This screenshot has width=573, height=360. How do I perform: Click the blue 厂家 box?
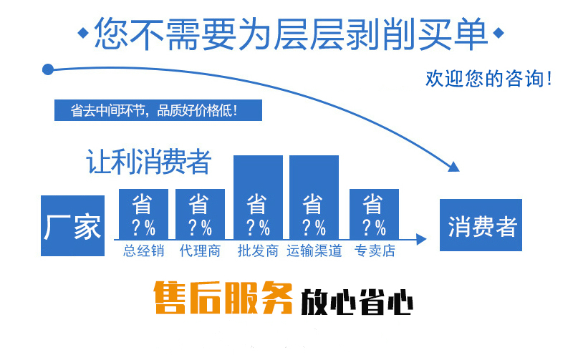(x=73, y=225)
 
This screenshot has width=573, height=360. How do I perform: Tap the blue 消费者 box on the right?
(x=481, y=225)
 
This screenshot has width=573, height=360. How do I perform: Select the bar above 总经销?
(x=144, y=214)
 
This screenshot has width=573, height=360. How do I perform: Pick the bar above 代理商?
(x=201, y=214)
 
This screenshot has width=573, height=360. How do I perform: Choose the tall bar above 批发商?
(x=258, y=198)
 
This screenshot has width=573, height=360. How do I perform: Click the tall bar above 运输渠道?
(x=314, y=198)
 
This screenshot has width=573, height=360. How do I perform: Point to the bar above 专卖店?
(x=374, y=214)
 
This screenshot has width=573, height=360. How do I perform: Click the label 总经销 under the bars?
(x=144, y=251)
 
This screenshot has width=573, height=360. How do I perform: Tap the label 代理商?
(x=201, y=251)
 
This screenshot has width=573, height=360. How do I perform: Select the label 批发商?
(x=258, y=251)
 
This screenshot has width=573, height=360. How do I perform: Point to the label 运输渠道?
(x=314, y=251)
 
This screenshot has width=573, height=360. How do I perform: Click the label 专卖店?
(x=375, y=251)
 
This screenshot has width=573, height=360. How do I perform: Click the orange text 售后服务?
(x=223, y=298)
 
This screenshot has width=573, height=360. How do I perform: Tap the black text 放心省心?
(x=357, y=301)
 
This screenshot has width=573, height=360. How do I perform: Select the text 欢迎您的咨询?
(x=488, y=79)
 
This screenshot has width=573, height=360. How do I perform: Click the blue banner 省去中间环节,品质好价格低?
(x=158, y=110)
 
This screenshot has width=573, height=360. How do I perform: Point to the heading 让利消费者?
(x=149, y=162)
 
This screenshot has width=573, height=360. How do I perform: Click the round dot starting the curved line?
(x=48, y=69)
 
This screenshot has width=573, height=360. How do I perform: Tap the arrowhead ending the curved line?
(x=453, y=167)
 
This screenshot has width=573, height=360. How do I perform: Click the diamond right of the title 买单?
(x=499, y=33)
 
